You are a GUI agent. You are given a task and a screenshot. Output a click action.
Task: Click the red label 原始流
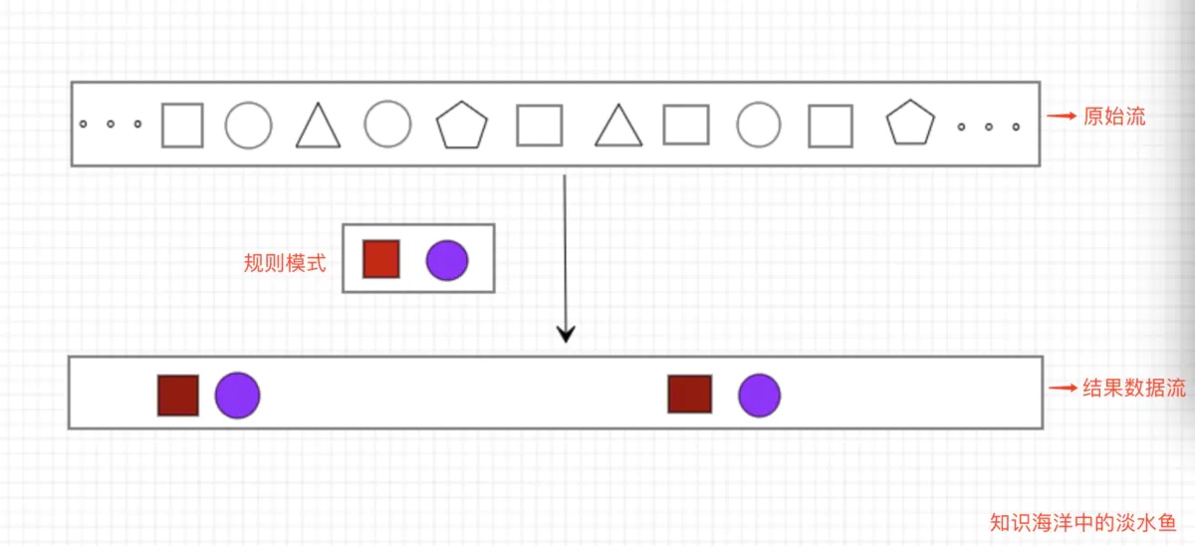point(1114,117)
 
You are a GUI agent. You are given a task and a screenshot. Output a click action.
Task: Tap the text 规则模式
point(285,263)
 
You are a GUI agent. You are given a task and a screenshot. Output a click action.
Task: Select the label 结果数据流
point(1134,388)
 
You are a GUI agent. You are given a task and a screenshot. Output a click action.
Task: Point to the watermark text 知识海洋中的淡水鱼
point(1083,522)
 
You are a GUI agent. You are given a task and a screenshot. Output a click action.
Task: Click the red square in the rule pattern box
point(380,259)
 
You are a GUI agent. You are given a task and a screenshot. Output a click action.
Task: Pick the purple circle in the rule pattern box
point(447,260)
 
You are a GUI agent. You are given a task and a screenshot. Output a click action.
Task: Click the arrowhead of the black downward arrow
point(566,334)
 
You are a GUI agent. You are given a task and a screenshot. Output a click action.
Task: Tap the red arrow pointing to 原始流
point(1062,116)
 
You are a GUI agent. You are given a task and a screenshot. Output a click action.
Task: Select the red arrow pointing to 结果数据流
point(1063,388)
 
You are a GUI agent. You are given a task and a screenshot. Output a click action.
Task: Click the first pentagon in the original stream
point(461,126)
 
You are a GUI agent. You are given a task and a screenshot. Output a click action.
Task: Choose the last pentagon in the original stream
point(910,123)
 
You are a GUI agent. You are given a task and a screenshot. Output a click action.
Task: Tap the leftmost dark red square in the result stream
point(178,396)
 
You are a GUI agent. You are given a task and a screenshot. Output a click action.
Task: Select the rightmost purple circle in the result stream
point(759,396)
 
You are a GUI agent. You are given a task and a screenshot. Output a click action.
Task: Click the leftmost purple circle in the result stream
point(237,396)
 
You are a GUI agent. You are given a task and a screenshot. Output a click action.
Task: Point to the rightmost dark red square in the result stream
point(690,395)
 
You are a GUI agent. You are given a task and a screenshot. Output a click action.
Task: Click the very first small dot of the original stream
point(84,124)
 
